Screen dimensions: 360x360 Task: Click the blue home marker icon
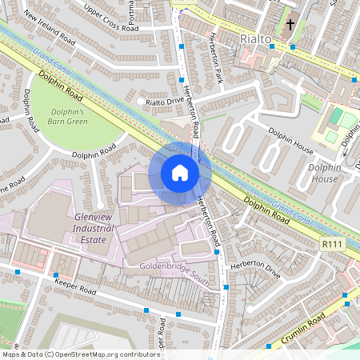(x=180, y=173)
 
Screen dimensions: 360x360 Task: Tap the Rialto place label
(x=257, y=38)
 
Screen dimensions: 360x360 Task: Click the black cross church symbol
(x=292, y=25)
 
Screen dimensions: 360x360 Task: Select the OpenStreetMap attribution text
(x=70, y=354)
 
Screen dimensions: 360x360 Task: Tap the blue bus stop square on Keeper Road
(x=146, y=310)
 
